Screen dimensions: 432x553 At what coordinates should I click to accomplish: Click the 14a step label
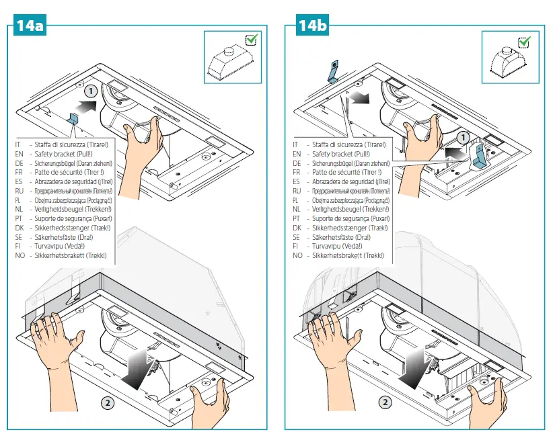(x=30, y=26)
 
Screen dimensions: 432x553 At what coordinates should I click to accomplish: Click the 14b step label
(x=312, y=26)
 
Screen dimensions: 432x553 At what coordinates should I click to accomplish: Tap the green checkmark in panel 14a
(x=250, y=41)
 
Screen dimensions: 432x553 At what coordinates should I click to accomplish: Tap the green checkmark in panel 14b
(x=525, y=42)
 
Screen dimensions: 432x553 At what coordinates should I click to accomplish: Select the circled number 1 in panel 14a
(x=92, y=90)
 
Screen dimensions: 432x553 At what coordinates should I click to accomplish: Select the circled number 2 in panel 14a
(x=106, y=402)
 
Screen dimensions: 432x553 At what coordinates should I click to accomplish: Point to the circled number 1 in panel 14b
(x=462, y=138)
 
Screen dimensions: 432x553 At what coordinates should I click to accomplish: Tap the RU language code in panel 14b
(x=297, y=191)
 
